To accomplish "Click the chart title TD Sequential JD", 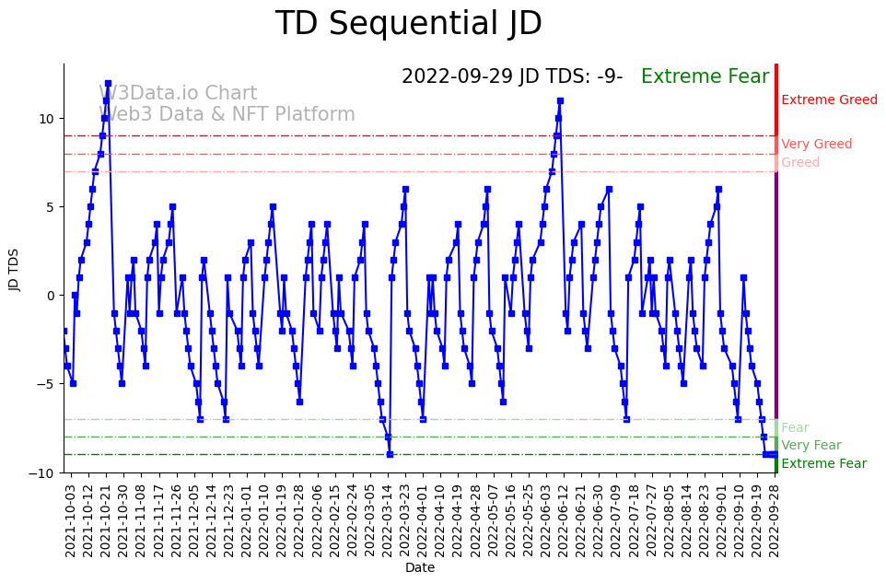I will click(409, 25).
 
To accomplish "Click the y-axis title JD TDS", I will click(15, 268).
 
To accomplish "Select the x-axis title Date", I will click(420, 567).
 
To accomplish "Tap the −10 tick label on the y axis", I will click(42, 472).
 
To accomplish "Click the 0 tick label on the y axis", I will click(51, 296).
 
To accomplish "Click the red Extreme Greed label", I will click(829, 100).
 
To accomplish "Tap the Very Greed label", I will click(816, 145).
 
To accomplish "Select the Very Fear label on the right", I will click(810, 446).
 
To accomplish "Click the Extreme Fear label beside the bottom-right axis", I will click(823, 464).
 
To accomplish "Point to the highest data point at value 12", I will click(108, 83).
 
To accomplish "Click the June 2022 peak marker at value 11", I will click(560, 100).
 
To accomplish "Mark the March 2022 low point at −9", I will click(390, 454).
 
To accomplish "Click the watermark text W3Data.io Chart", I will click(178, 94).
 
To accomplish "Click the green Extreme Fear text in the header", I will click(705, 77).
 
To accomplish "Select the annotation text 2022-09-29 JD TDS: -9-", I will click(512, 77).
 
